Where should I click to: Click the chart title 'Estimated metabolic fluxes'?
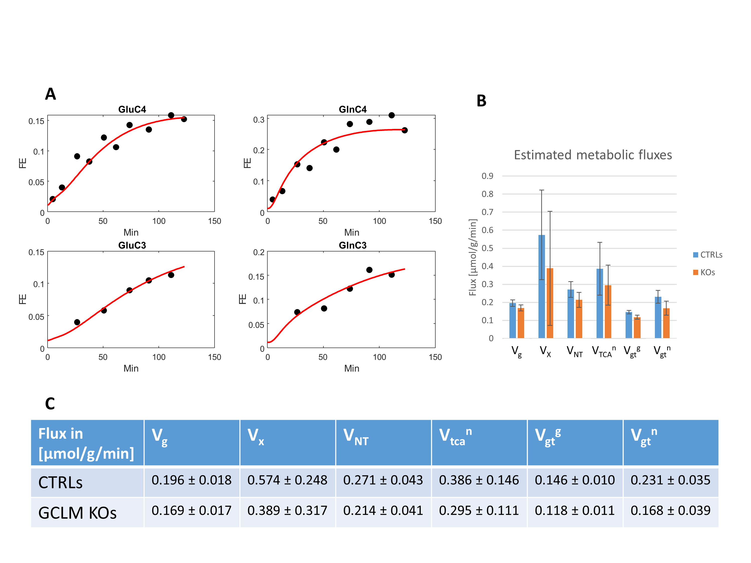(593, 155)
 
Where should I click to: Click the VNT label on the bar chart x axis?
(575, 352)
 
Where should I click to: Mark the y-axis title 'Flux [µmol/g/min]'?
(473, 257)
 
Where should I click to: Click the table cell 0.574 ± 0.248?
(287, 480)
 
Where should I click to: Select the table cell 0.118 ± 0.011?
(575, 510)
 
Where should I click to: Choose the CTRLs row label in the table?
(60, 482)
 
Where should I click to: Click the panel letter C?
(50, 404)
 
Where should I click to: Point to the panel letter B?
(481, 101)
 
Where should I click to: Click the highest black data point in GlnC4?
(392, 115)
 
